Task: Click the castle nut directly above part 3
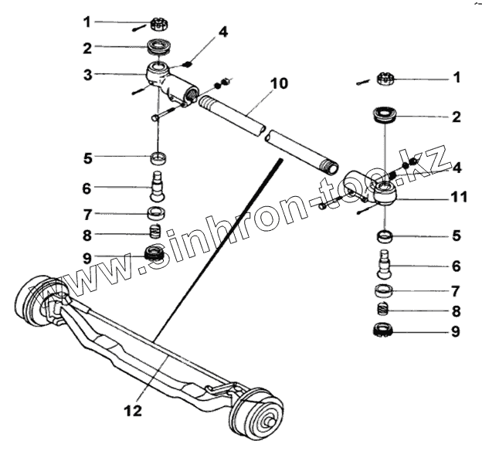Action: click(158, 22)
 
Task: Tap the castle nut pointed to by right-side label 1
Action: click(387, 78)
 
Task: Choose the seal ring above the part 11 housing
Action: click(384, 117)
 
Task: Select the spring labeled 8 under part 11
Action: click(384, 311)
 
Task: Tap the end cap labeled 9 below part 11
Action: click(384, 332)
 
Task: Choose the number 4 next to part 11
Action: click(457, 168)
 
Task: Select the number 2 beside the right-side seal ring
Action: click(457, 117)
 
